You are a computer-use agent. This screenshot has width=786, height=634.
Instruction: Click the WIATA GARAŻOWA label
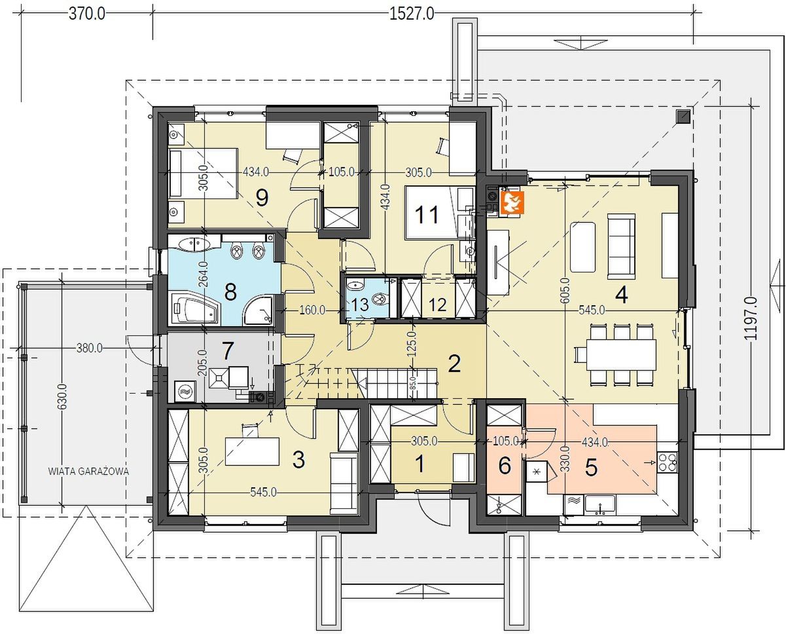point(89,472)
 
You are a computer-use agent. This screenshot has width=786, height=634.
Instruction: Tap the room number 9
point(262,198)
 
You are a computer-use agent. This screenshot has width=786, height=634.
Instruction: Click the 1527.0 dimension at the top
point(412,14)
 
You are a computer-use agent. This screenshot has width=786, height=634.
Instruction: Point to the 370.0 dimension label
point(87,14)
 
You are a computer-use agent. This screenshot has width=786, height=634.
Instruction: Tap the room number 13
point(359,305)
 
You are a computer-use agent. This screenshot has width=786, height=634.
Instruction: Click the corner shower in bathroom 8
point(258,310)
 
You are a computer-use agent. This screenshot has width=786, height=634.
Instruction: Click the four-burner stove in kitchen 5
point(667,462)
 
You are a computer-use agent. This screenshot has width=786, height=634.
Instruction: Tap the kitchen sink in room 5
point(600,504)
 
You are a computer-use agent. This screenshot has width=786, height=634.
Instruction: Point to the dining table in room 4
point(620,354)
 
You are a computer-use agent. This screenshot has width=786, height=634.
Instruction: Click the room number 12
point(438,305)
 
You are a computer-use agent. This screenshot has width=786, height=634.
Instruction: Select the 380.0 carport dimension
point(90,348)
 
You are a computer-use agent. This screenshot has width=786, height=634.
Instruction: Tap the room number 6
point(505,466)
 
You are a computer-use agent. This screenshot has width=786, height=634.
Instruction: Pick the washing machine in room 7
point(185,392)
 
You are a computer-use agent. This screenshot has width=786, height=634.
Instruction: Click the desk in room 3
point(252,451)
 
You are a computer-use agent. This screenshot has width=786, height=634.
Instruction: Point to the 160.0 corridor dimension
point(312,310)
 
